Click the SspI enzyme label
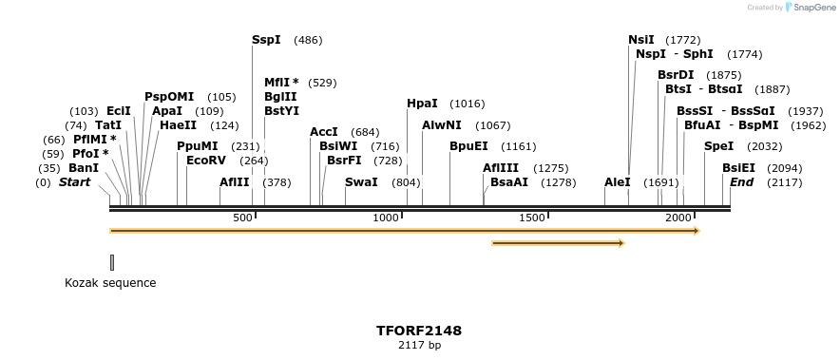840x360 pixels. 266,40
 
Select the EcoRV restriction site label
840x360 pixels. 206,161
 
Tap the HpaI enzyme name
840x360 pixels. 422,104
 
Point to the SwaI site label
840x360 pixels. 361,182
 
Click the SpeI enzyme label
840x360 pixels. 718,146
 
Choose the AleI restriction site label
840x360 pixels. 617,182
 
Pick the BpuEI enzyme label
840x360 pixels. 468,146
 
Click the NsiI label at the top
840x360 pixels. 641,40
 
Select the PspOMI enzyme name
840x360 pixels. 169,97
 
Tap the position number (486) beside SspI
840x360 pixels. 308,40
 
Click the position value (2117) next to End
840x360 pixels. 784,182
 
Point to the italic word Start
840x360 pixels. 81,182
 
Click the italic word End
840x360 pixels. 742,182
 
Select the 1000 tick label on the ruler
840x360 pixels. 387,218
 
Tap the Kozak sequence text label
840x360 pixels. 110,283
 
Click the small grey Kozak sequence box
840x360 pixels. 112,262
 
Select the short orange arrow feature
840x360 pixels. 558,244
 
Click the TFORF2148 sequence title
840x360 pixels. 419,332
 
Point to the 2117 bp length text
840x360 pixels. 419,346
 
